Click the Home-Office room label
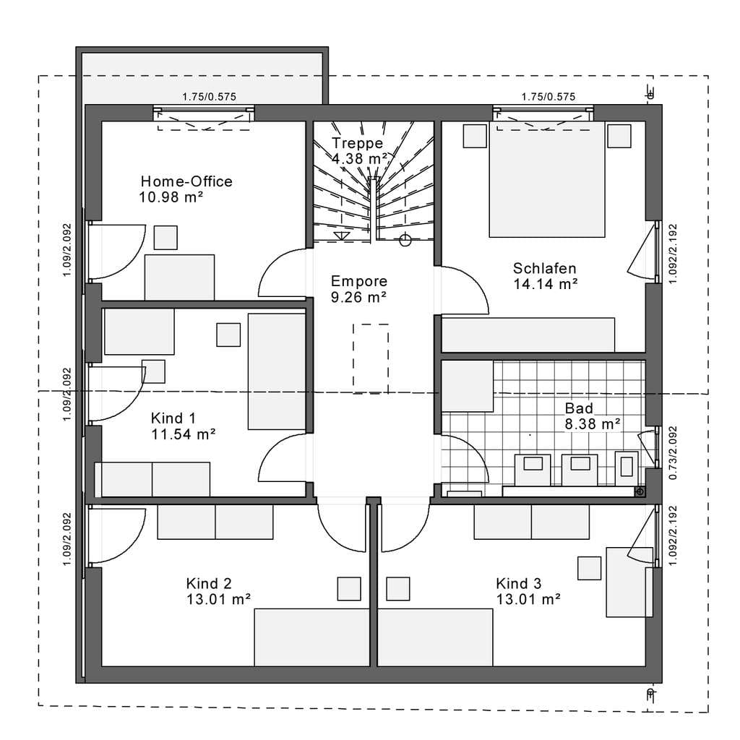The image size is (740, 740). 186,181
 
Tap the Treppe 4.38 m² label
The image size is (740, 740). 360,150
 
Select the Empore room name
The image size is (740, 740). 359,281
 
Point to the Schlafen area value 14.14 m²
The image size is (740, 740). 546,285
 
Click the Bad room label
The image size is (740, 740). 579,408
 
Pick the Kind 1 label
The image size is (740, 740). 173,418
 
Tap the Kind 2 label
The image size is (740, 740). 209,584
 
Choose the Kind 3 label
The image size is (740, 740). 519,584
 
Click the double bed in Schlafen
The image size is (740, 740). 547,179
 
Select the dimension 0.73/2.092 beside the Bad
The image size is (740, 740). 674,453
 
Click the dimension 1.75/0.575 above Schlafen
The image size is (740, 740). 548,97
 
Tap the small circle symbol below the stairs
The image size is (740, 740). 405,240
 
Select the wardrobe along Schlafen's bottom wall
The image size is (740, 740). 528,335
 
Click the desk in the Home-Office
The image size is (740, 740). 179,277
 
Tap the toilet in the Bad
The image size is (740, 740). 627,468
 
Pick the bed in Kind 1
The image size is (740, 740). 277,371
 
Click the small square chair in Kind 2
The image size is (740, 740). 349,588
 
